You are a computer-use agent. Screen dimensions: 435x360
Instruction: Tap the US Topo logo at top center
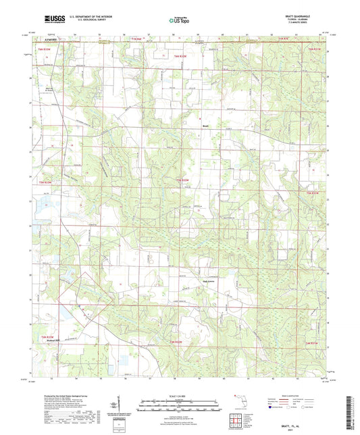pos(179,21)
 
